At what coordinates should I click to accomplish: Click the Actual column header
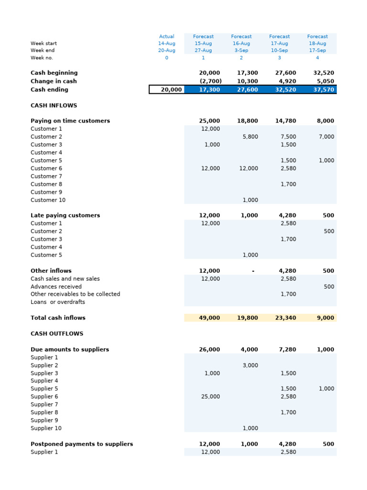(x=166, y=36)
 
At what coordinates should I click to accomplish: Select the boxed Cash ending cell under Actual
(x=166, y=89)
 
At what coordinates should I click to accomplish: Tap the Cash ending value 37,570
(x=324, y=89)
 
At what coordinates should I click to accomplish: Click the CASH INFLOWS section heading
(x=54, y=105)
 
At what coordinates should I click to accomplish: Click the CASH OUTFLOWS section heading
(x=56, y=334)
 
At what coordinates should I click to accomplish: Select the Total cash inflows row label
(x=58, y=318)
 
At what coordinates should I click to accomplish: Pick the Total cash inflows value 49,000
(x=209, y=318)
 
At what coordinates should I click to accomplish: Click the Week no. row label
(x=42, y=58)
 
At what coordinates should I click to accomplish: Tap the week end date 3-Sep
(x=241, y=50)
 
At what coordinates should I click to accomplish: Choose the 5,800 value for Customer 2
(x=250, y=137)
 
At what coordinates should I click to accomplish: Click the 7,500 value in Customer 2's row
(x=288, y=137)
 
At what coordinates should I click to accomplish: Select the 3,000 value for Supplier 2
(x=250, y=365)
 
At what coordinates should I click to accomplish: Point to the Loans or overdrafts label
(x=58, y=302)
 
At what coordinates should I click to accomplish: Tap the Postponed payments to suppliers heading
(x=82, y=444)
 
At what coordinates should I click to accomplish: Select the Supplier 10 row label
(x=46, y=428)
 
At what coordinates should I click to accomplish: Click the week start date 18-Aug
(x=317, y=43)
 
